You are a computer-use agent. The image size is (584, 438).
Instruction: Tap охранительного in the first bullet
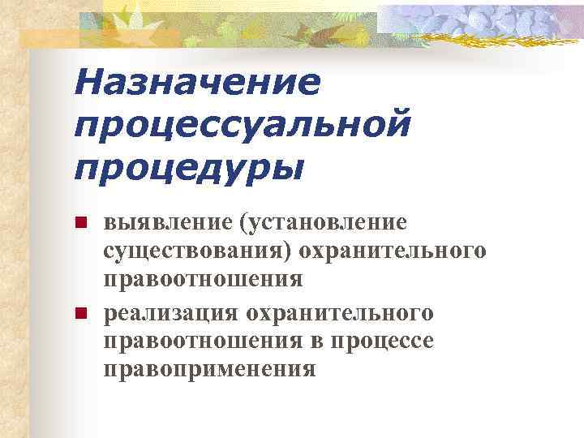(394, 251)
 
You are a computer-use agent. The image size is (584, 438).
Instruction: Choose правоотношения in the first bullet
(203, 280)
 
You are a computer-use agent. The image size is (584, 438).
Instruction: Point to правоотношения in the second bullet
(203, 341)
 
